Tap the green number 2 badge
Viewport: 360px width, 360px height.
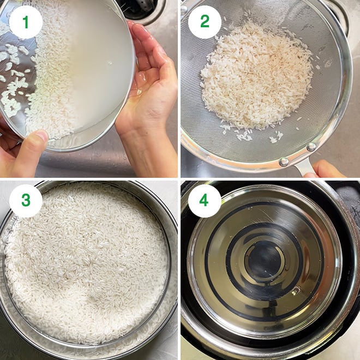pyautogui.click(x=205, y=22)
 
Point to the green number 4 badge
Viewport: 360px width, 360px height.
pyautogui.click(x=205, y=201)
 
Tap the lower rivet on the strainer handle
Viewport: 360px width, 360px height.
pyautogui.click(x=284, y=161)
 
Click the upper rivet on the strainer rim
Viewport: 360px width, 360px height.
pyautogui.click(x=311, y=147)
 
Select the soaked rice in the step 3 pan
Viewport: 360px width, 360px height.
pyautogui.click(x=87, y=262)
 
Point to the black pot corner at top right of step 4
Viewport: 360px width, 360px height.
pyautogui.click(x=349, y=191)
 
